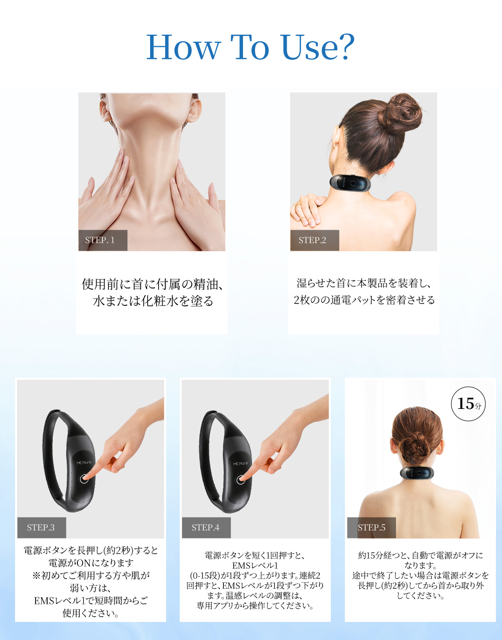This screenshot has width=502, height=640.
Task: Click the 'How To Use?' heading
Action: (x=250, y=47)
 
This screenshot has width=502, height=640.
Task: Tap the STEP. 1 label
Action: (x=103, y=240)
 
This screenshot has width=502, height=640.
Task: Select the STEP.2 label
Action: (x=314, y=240)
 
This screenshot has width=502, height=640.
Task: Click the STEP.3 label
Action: (x=42, y=527)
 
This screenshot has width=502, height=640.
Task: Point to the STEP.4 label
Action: (x=206, y=527)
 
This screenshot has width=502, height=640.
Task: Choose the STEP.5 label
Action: (x=371, y=527)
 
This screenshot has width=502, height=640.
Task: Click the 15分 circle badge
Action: (x=468, y=404)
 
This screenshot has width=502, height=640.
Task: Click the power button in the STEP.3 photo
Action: (x=83, y=479)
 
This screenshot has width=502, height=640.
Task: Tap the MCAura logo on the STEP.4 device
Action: (x=240, y=464)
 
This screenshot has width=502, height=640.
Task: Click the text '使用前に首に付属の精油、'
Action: (x=152, y=284)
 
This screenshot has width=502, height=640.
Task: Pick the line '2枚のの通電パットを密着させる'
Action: (x=364, y=300)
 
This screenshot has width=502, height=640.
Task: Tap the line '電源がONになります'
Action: (x=91, y=563)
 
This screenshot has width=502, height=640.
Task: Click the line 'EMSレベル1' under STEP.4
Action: (x=255, y=566)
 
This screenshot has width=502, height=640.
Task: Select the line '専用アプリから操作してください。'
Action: (x=255, y=606)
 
